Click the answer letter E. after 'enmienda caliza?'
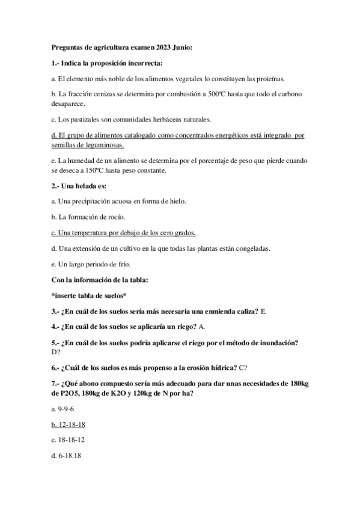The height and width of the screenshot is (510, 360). tap(264, 311)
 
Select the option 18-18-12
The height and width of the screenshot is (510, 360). tap(67, 440)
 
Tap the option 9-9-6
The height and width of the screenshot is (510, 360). tap(63, 408)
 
